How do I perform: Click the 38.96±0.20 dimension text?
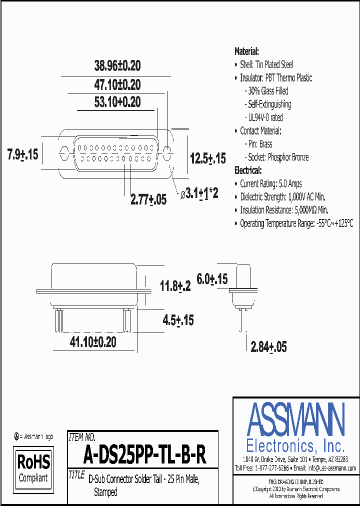[x=117, y=65]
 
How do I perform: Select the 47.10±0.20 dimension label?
[x=117, y=84]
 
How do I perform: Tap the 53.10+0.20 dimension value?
[x=117, y=102]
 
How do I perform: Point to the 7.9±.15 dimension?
[x=23, y=154]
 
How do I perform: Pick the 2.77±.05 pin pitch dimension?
[x=148, y=199]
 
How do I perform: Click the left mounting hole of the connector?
[x=64, y=153]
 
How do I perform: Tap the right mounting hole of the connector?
[x=168, y=153]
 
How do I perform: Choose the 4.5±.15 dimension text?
[x=178, y=319]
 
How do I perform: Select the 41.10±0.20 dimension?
[x=93, y=342]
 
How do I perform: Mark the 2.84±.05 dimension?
[x=268, y=347]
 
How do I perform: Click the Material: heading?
[x=247, y=51]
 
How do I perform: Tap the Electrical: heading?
[x=248, y=170]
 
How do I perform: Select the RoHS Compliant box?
[x=33, y=468]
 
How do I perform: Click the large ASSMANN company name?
[x=296, y=419]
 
